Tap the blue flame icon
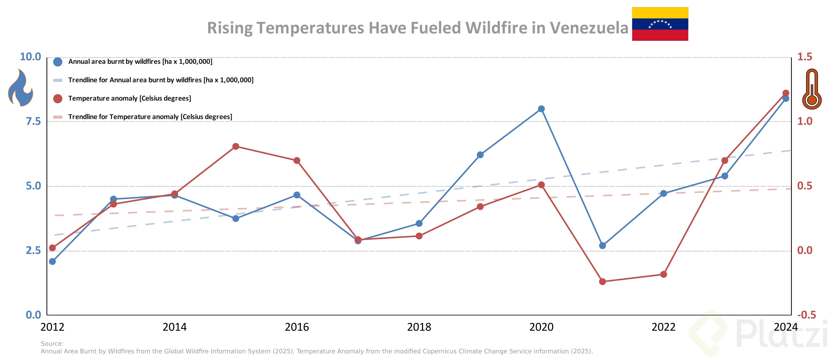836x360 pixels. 20,88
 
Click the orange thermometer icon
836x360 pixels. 812,89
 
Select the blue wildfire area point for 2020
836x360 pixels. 541,109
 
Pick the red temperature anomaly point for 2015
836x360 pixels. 236,146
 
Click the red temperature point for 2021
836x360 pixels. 602,281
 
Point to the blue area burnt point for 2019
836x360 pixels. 480,155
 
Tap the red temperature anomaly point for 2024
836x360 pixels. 786,93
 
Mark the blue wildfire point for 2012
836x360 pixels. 52,261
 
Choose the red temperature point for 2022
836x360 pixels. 664,274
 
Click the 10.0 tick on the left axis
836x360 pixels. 31,57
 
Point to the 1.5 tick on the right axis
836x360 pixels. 805,57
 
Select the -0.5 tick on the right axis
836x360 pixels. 806,315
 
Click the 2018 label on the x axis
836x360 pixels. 419,327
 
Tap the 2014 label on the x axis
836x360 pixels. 175,327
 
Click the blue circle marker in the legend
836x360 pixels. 58,62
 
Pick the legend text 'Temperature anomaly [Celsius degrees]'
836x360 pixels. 129,98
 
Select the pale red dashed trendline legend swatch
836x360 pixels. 58,117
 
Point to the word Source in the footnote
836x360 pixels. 52,343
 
